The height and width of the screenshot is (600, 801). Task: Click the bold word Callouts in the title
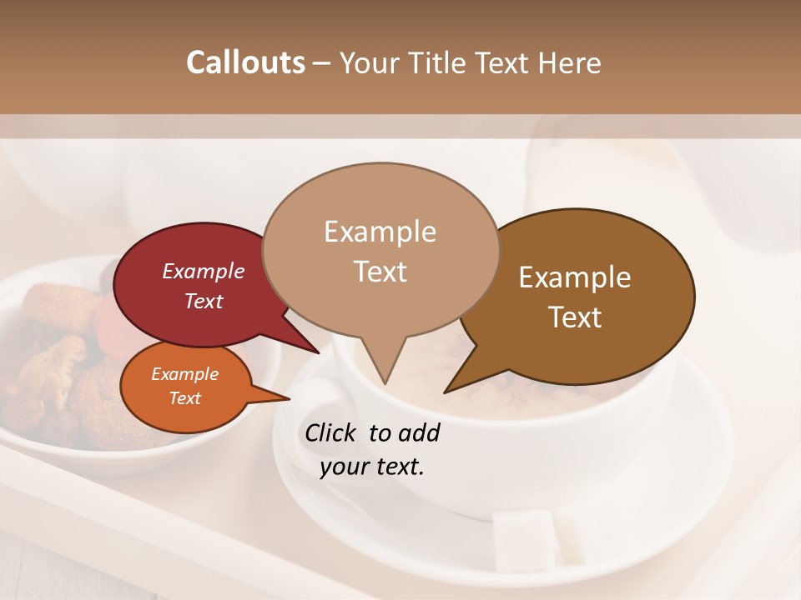pyautogui.click(x=245, y=63)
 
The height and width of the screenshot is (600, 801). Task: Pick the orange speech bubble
pyautogui.click(x=185, y=387)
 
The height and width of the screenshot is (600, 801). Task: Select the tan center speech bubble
pyautogui.click(x=380, y=250)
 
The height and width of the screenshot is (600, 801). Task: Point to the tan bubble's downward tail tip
pyautogui.click(x=385, y=382)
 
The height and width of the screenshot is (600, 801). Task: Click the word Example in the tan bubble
pyautogui.click(x=380, y=232)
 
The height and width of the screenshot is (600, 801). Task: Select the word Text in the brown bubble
pyautogui.click(x=576, y=317)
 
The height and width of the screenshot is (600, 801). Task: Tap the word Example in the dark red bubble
pyautogui.click(x=203, y=272)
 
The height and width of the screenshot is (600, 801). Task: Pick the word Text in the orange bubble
pyautogui.click(x=184, y=398)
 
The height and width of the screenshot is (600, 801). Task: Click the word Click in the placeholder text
pyautogui.click(x=333, y=432)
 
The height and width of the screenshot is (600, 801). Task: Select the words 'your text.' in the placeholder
pyautogui.click(x=372, y=467)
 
